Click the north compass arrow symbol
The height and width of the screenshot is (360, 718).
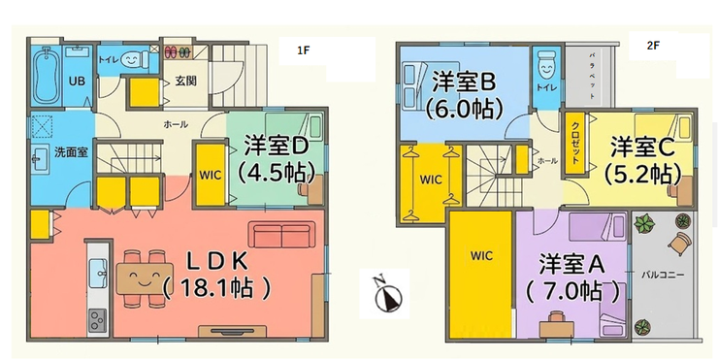388,295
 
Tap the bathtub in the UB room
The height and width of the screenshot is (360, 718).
46,76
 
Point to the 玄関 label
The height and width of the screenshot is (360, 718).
186,82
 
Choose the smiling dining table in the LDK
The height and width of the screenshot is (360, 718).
145,278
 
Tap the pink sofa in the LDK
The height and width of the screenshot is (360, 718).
282,235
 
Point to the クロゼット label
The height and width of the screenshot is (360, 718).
575,144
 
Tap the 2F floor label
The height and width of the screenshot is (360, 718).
653,46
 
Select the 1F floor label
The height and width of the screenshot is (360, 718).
304,50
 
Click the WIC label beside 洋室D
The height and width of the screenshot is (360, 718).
211,175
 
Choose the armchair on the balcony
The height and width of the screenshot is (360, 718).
679,243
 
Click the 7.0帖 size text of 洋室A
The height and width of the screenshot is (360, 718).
575,289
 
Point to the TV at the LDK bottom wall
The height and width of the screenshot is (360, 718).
232,331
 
